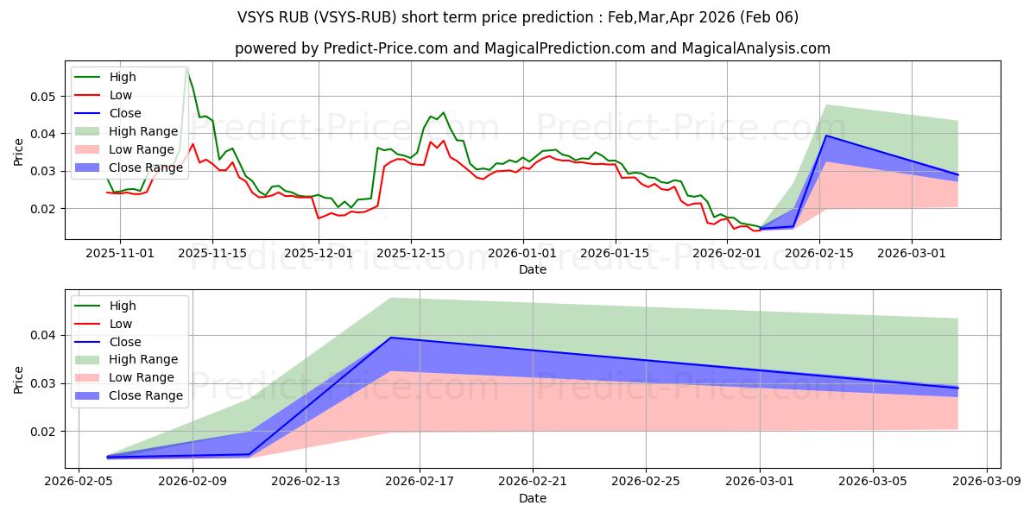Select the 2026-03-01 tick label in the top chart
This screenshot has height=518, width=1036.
coord(912,253)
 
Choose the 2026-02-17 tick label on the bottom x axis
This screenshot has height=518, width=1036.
coord(420,482)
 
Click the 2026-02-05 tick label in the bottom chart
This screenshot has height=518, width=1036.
coord(79,482)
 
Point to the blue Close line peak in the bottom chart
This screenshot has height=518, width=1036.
coord(391,338)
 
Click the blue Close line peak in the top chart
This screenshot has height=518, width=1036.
coord(826,136)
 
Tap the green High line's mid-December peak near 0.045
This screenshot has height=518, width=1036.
coord(444,112)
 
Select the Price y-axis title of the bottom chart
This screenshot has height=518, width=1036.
coord(19,378)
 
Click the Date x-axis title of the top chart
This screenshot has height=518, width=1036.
coord(533,269)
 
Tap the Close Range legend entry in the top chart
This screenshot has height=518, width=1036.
coord(151,167)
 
